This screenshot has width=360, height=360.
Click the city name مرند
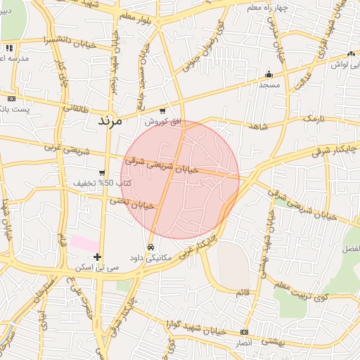(110, 121)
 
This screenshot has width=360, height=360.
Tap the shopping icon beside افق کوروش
(163, 111)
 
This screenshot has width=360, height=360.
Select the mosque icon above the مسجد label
(268, 75)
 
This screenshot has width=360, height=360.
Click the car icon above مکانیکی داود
(151, 247)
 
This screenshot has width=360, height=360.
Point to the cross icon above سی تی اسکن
(97, 257)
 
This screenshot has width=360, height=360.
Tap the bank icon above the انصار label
(244, 332)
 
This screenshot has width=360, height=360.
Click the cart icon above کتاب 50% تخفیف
(102, 173)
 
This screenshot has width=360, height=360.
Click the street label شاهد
(258, 126)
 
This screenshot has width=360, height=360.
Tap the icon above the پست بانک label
(11, 98)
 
